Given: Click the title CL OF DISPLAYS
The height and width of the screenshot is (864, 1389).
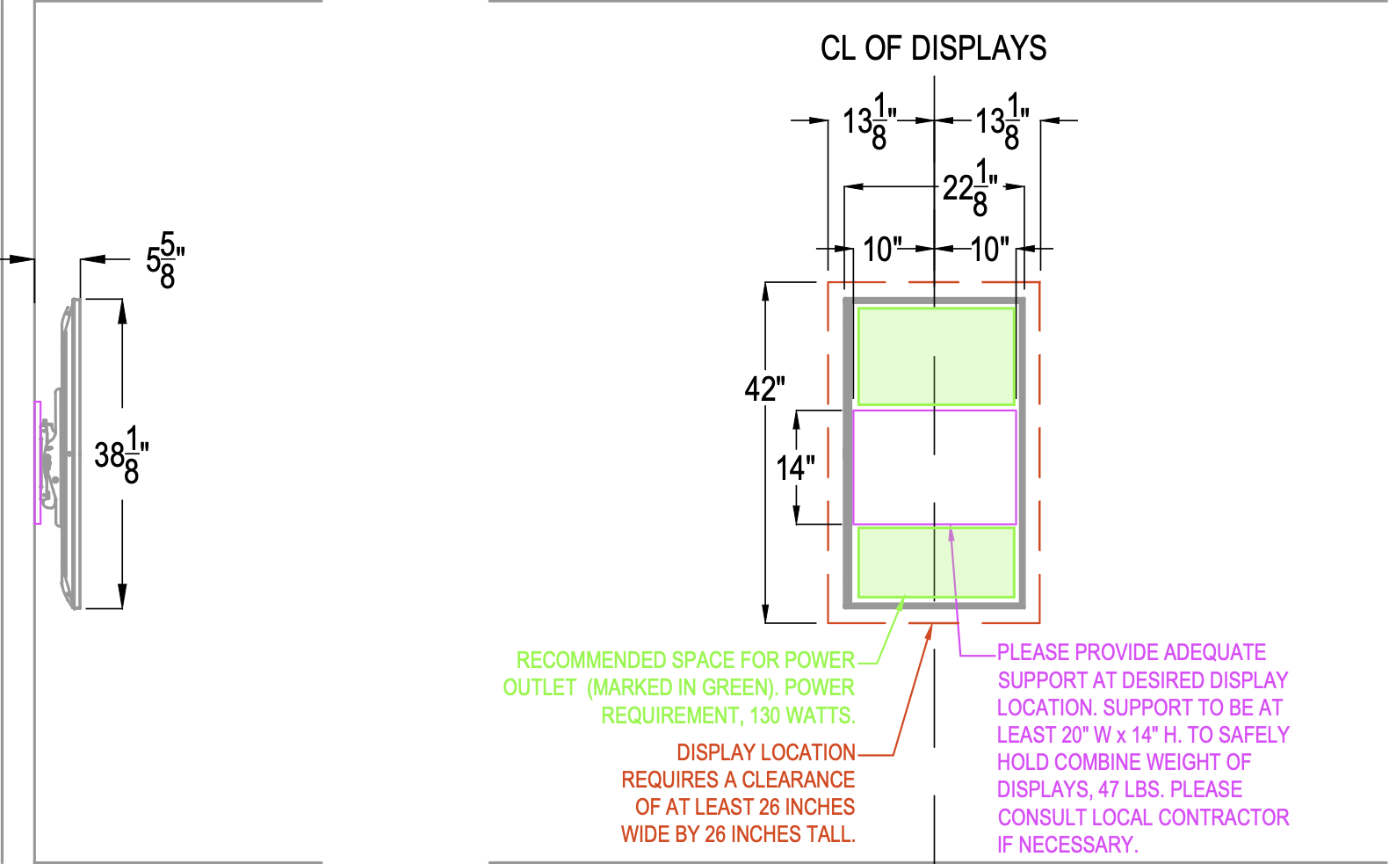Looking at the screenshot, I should click(x=933, y=48).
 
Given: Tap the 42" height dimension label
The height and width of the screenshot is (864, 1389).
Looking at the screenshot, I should click(x=764, y=388).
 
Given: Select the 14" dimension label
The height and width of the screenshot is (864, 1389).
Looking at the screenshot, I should click(x=795, y=468).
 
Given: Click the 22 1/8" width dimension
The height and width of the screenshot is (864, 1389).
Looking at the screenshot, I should click(x=970, y=187).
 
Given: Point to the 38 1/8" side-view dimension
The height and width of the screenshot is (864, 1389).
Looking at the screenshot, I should click(x=121, y=455).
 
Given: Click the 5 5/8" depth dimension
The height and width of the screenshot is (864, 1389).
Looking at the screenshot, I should click(x=165, y=260).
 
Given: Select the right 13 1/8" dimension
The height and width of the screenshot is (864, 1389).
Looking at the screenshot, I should click(x=1002, y=121).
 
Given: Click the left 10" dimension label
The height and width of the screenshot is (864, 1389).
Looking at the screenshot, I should click(x=882, y=250).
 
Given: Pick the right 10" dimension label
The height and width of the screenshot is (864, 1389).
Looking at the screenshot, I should click(x=990, y=250).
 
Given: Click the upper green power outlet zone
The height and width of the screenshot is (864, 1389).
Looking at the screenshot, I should click(x=936, y=356).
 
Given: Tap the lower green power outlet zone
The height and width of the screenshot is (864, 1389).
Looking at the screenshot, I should click(x=936, y=562).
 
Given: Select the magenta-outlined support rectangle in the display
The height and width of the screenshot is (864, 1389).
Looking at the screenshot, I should click(x=935, y=467).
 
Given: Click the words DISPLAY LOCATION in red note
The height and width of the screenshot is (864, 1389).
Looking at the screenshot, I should click(x=765, y=752).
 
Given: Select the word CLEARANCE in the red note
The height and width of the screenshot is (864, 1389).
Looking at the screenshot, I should click(x=798, y=780).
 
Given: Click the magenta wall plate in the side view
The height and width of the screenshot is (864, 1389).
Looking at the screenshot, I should click(x=38, y=462).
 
